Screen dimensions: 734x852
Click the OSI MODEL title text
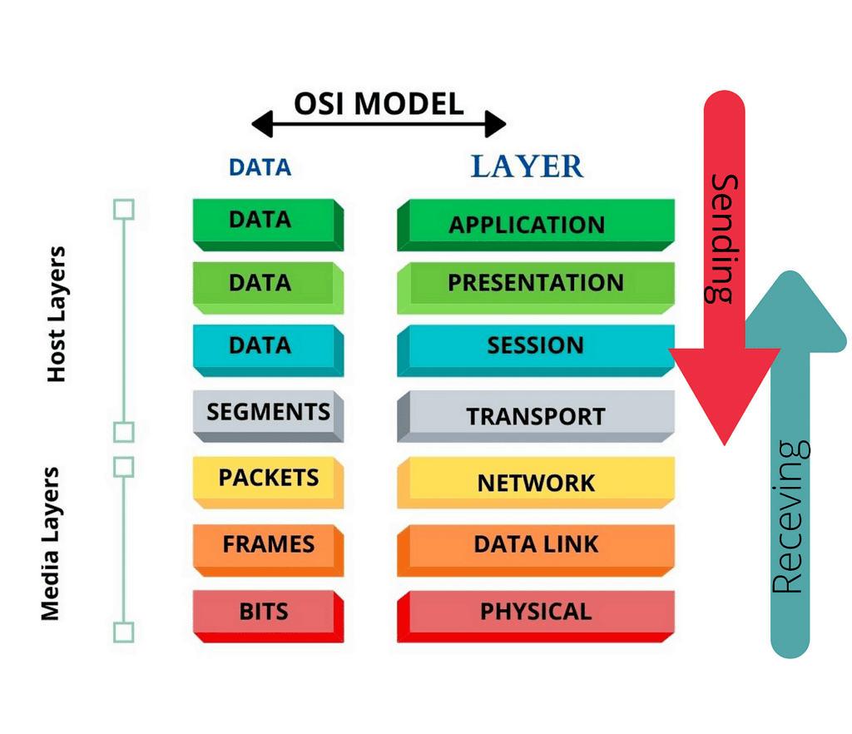(379, 104)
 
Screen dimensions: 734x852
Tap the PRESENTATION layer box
(535, 284)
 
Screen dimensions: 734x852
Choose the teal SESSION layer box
(535, 345)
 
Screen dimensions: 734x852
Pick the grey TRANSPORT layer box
(535, 415)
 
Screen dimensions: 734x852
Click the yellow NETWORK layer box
(535, 482)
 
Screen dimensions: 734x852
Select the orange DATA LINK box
(535, 545)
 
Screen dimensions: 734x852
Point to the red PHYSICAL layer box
(535, 612)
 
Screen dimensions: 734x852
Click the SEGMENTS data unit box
(268, 412)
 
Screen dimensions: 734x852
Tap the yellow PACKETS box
(268, 479)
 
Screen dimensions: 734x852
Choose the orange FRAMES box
(268, 545)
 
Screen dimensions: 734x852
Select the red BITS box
(265, 612)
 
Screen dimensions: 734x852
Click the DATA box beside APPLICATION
(261, 221)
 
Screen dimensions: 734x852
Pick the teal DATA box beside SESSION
(261, 345)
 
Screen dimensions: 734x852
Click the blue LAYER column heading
(527, 166)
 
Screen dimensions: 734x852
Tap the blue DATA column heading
(260, 167)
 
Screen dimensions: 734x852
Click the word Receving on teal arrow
(789, 517)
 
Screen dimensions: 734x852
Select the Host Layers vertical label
(57, 314)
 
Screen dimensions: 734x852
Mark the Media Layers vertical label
(52, 543)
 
